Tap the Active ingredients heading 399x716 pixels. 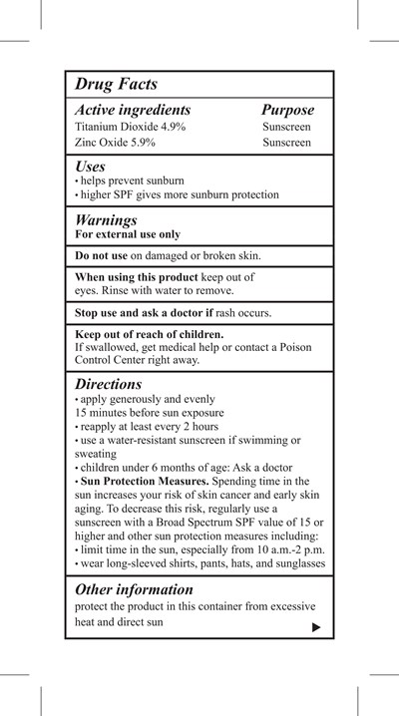pos(133,110)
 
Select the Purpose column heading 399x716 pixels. pos(287,110)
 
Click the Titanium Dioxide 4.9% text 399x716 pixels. pos(130,128)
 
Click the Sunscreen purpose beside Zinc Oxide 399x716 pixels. pos(287,144)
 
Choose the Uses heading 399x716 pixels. pos(92,166)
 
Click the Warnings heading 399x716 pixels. pos(106,219)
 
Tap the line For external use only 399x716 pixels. pos(128,235)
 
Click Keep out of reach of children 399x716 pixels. pos(149,334)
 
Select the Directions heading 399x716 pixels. pos(109,383)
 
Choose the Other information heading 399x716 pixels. pos(134,588)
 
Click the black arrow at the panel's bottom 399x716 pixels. pos(316,627)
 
